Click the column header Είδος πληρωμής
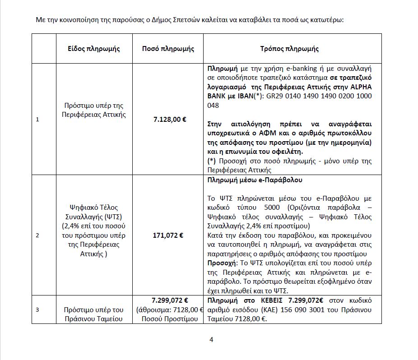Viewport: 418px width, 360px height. coord(94,49)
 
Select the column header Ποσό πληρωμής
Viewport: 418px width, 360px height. coord(168,49)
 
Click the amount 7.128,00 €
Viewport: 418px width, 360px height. coord(170,120)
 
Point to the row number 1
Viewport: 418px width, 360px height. coord(37,120)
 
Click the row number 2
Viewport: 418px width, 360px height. coord(37,235)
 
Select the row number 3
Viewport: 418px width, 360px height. coord(37,309)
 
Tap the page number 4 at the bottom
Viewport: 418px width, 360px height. coord(211,339)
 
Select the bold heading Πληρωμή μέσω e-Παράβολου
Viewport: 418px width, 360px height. coord(255,180)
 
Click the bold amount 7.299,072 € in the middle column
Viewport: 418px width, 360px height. coord(170,300)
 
